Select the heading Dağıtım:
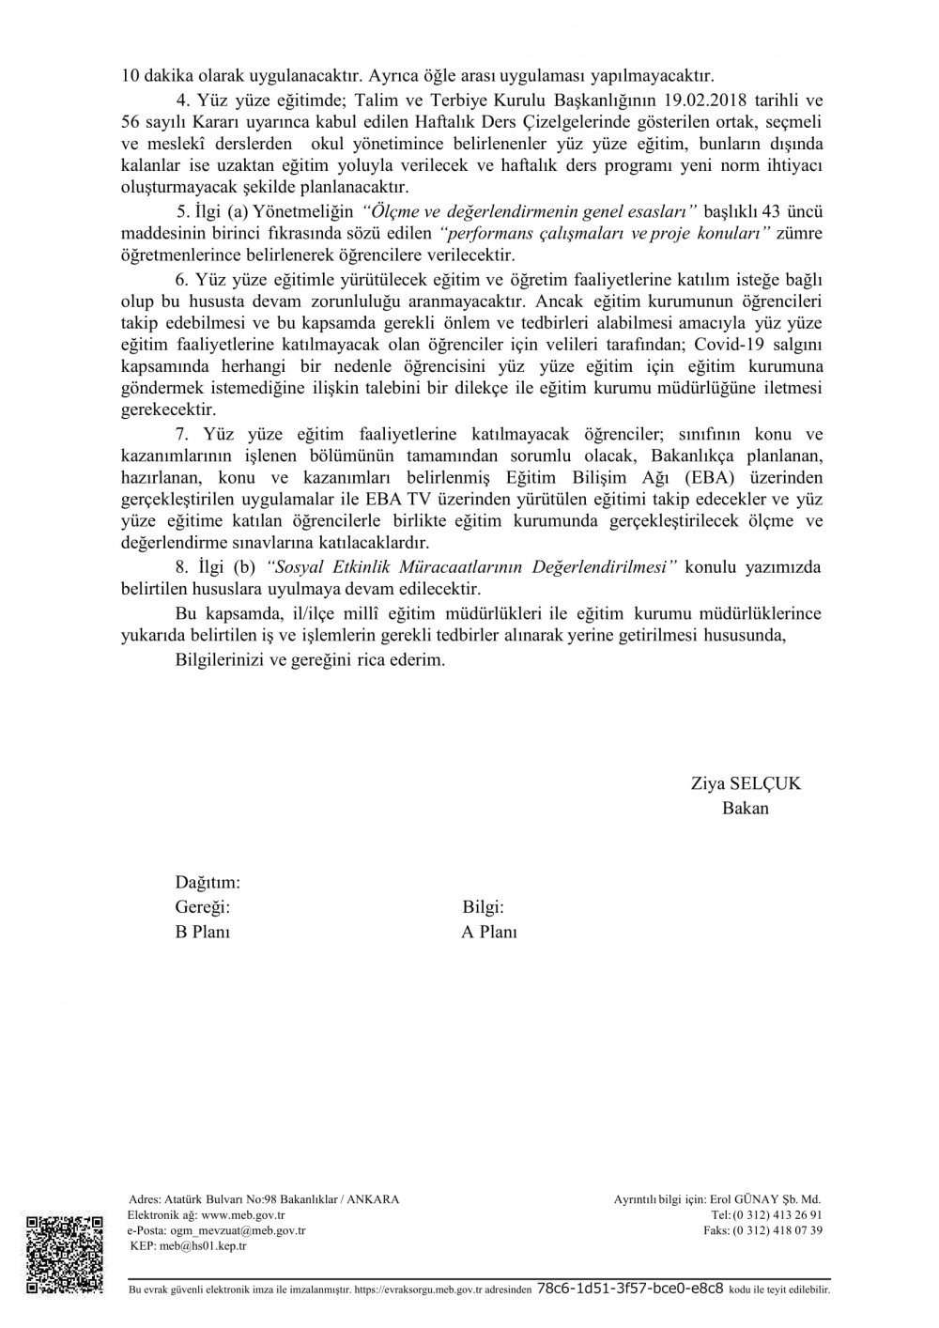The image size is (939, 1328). click(208, 883)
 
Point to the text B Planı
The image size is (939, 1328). click(203, 932)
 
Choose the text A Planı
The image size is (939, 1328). click(489, 932)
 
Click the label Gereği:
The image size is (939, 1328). click(203, 907)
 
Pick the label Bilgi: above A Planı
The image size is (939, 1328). click(484, 907)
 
